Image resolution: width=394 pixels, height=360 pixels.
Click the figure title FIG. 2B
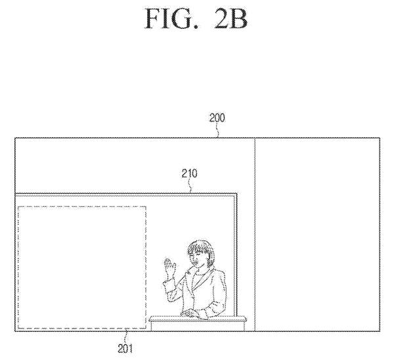[x=196, y=18]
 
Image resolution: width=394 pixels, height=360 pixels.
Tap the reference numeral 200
[x=217, y=118]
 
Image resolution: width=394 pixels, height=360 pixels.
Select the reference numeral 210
[x=190, y=173]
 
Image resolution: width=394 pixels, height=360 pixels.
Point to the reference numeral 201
[x=125, y=348]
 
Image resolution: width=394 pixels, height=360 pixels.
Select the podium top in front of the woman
[x=198, y=319]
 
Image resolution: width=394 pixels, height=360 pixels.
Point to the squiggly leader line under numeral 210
[x=190, y=186]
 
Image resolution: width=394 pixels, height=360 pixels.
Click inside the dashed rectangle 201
[x=82, y=267]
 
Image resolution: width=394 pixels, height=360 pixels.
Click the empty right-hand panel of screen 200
[x=317, y=235]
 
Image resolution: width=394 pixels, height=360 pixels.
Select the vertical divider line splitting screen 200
[x=255, y=235]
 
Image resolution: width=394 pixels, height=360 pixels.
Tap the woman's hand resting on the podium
[x=188, y=313]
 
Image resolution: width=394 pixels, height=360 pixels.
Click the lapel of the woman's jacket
[x=192, y=282]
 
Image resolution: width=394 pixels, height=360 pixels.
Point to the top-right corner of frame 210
[x=236, y=194]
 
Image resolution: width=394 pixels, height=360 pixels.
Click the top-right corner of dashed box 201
[x=146, y=207]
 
